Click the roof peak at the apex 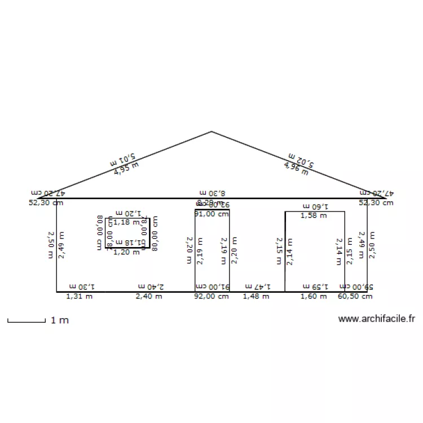pyautogui.click(x=211, y=132)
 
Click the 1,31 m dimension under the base pyautogui.click(x=80, y=296)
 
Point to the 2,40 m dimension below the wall pyautogui.click(x=149, y=296)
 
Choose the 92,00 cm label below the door pyautogui.click(x=211, y=296)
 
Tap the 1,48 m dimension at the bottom pyautogui.click(x=256, y=296)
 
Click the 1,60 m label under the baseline pyautogui.click(x=313, y=296)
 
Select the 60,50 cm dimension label pyautogui.click(x=355, y=296)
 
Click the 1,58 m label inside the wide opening pyautogui.click(x=313, y=215)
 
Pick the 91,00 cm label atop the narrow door pyautogui.click(x=211, y=214)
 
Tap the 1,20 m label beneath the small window pyautogui.click(x=126, y=252)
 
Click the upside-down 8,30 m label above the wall pyautogui.click(x=212, y=193)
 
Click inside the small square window pyautogui.click(x=127, y=232)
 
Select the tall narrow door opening pyautogui.click(x=212, y=265)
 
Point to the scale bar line pyautogui.click(x=26, y=322)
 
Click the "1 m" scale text pyautogui.click(x=60, y=320)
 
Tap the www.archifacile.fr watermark pyautogui.click(x=376, y=319)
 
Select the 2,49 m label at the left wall pyautogui.click(x=61, y=245)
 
